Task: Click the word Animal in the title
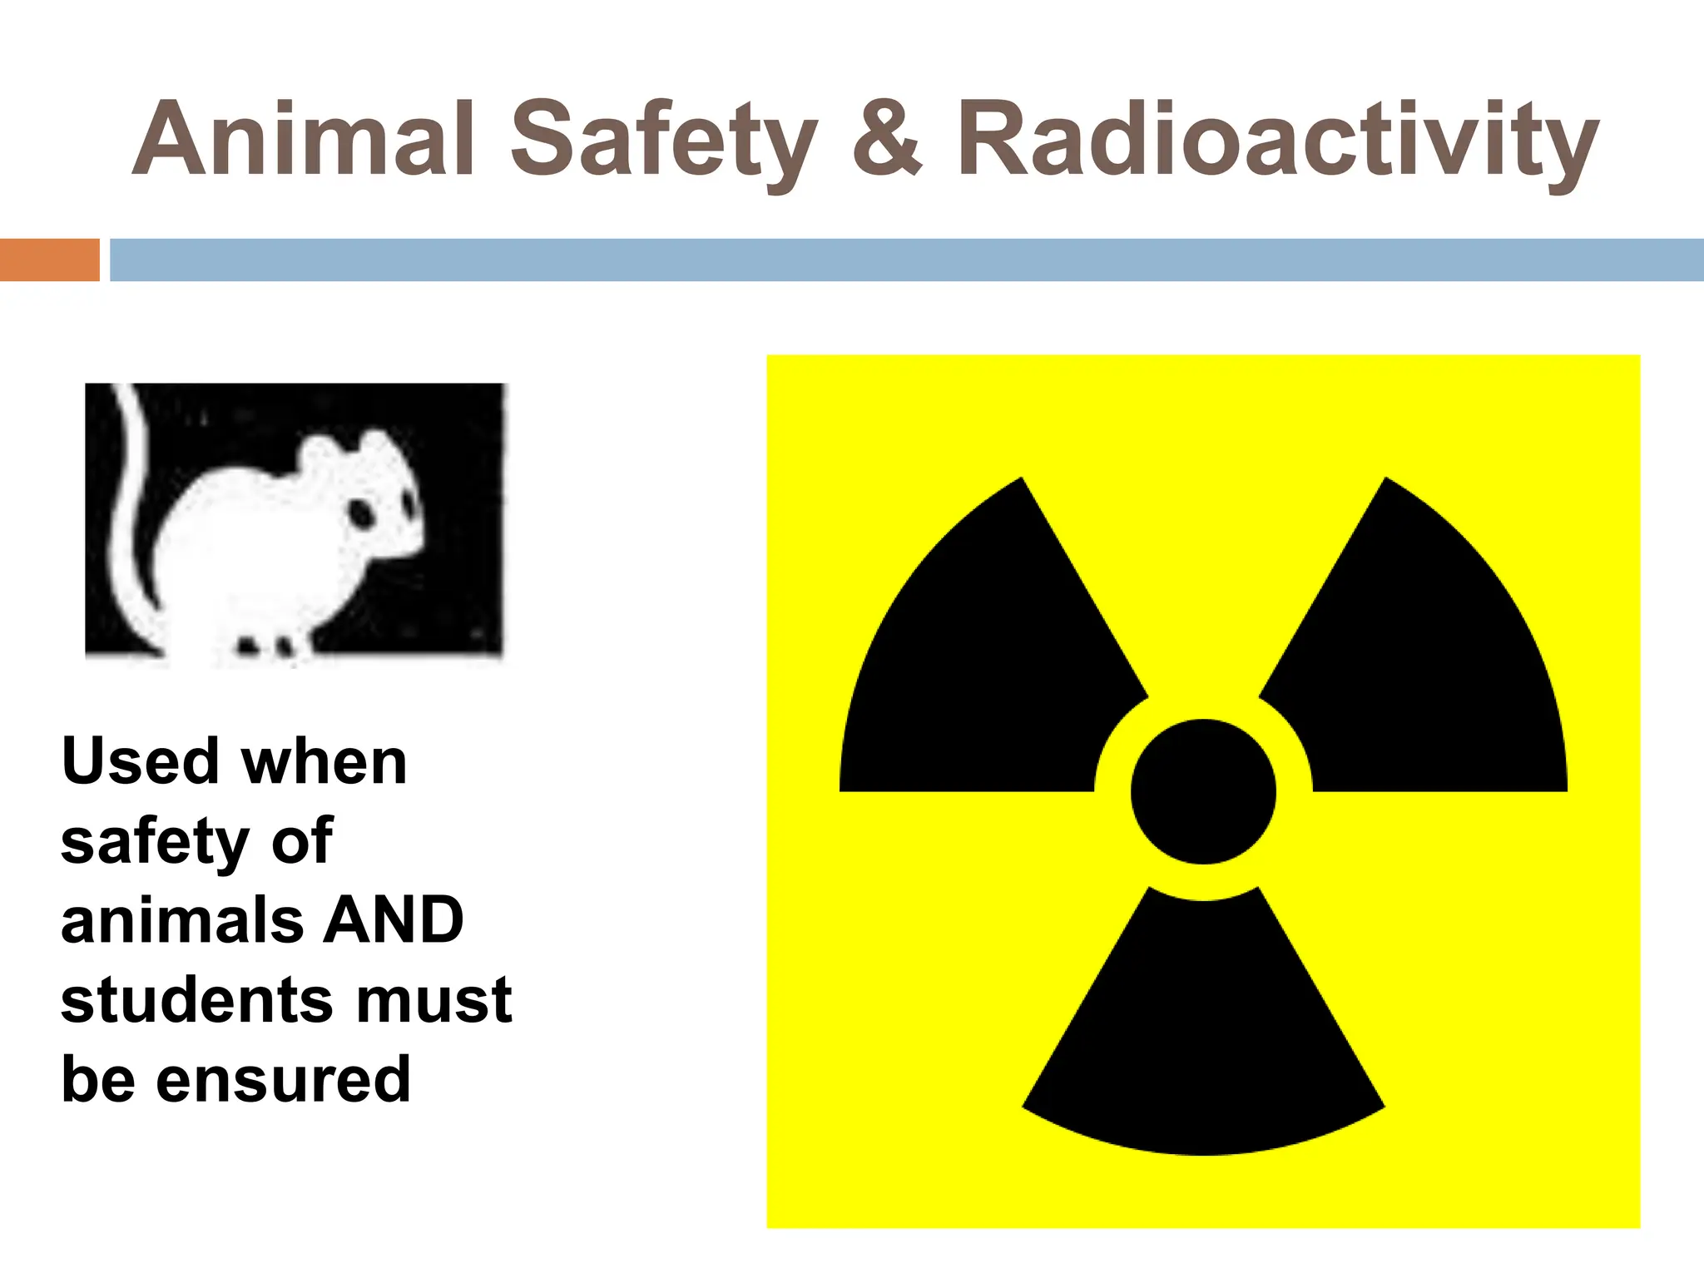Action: click(304, 140)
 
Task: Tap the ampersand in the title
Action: click(887, 140)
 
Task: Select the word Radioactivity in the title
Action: click(1276, 140)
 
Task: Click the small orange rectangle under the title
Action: click(49, 260)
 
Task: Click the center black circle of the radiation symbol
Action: click(1203, 791)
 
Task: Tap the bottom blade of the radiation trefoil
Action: click(1203, 1040)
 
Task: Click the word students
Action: click(196, 1000)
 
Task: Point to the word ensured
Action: click(283, 1080)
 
